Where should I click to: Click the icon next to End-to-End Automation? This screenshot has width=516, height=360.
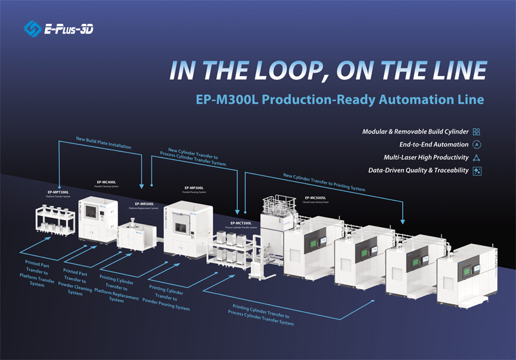click(x=477, y=145)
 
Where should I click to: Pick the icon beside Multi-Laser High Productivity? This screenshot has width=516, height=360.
click(x=477, y=157)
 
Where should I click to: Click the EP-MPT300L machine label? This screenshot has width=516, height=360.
click(x=58, y=192)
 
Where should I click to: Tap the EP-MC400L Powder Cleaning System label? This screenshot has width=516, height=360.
click(x=108, y=183)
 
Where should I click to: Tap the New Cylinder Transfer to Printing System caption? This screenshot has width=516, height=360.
click(x=324, y=181)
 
